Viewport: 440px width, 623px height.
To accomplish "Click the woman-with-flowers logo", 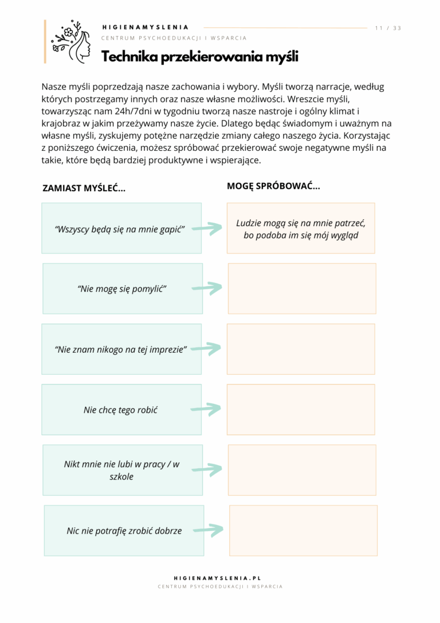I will pos(70,42).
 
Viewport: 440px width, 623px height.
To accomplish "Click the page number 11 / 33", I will pos(388,28).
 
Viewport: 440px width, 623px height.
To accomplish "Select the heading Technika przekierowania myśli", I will pos(200,57).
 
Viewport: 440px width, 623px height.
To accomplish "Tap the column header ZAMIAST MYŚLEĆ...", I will pos(84,188).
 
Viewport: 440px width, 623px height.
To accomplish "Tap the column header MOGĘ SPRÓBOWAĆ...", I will pos(273,186).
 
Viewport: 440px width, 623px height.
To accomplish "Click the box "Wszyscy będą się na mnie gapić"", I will pos(121,228).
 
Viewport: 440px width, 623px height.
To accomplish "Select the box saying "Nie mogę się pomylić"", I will pos(122,289).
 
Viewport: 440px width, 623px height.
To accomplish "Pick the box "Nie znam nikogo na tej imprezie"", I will pos(121,349).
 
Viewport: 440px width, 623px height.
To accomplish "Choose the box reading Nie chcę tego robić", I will pos(121,410).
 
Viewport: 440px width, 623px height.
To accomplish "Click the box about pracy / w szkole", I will pos(122,470).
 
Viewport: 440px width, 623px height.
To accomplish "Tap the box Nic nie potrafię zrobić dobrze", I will pos(123,531).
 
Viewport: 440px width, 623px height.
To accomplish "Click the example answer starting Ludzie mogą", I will pos(301,228).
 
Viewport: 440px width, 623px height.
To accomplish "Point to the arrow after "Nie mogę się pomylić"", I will pos(207,289).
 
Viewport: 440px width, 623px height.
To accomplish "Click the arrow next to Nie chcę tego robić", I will pos(206,409).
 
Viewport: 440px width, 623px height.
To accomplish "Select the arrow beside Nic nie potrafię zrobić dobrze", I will pos(208,530).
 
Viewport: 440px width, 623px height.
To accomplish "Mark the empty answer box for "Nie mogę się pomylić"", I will pos(302,289).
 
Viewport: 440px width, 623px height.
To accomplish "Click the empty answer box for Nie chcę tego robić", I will pos(301,410).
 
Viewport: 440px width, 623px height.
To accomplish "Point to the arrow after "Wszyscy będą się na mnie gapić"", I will pos(207,228).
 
